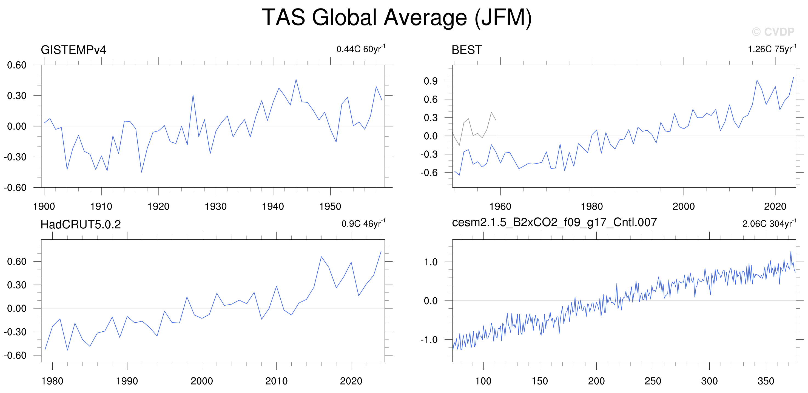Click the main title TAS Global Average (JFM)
click(x=397, y=18)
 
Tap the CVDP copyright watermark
click(x=773, y=32)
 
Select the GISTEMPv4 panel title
click(x=73, y=50)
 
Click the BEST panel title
click(x=466, y=50)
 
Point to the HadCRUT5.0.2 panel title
click(x=81, y=224)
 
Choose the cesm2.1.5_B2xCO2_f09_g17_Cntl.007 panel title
click(x=554, y=222)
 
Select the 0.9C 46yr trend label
click(x=363, y=223)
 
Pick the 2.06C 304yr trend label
click(x=769, y=223)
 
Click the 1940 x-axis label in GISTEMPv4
click(x=273, y=206)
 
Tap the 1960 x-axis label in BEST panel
click(x=500, y=206)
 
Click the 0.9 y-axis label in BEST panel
click(x=430, y=81)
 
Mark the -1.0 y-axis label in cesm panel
click(x=429, y=339)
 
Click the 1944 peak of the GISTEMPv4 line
click(x=296, y=79)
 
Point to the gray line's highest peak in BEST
click(x=491, y=112)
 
